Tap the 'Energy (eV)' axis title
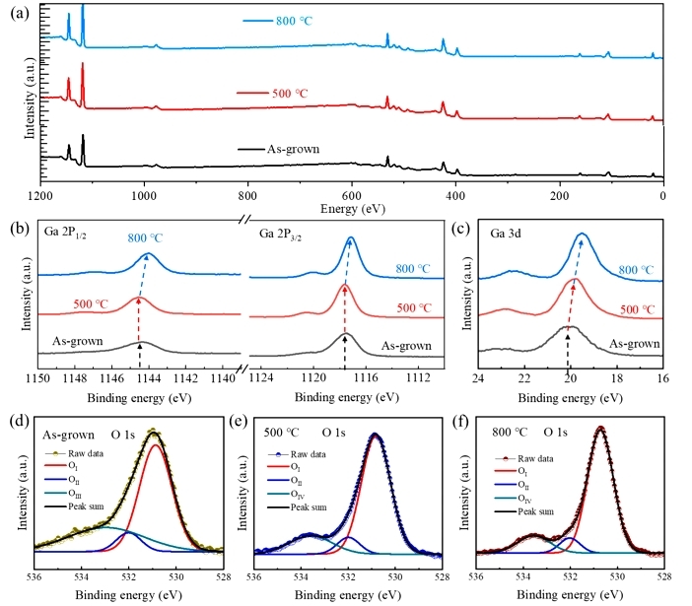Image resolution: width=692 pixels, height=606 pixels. tap(352, 209)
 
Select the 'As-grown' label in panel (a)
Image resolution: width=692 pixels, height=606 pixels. tap(297, 148)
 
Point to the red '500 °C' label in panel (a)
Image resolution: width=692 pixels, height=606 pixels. tap(294, 93)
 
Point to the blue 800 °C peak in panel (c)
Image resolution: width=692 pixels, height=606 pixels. tap(583, 235)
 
